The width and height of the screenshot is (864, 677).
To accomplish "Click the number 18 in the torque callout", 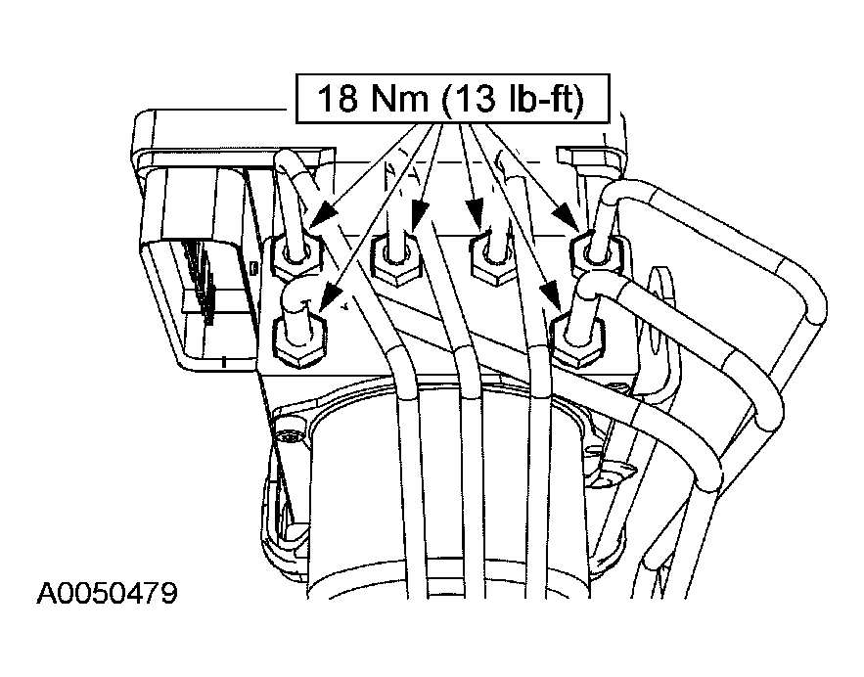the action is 338,99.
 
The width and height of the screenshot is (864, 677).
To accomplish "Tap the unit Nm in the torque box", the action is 399,99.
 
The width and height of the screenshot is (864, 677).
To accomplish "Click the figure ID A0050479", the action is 108,593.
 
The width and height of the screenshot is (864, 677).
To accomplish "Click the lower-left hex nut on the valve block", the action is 299,341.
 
